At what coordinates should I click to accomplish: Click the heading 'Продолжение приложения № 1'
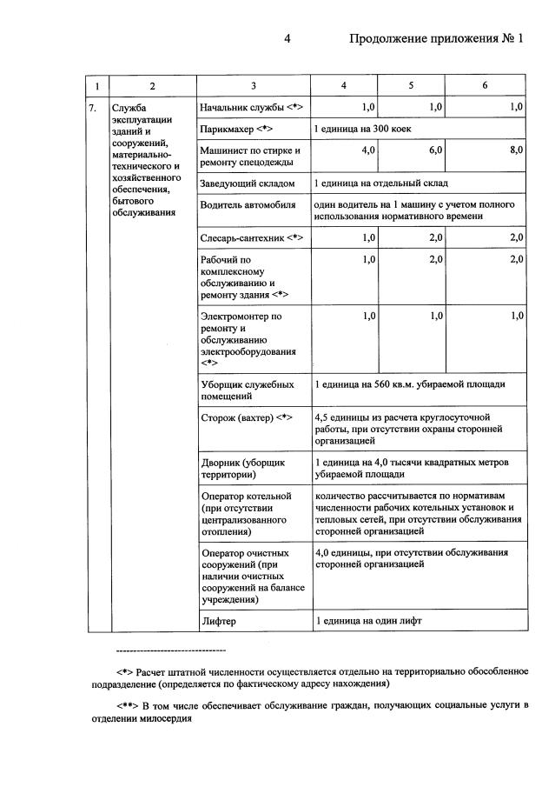coord(437,39)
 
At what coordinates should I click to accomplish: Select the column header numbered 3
coord(253,85)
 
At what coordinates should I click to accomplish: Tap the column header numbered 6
coord(484,85)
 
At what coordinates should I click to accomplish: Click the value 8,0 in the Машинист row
coord(516,150)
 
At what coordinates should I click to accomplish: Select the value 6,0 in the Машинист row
coord(435,150)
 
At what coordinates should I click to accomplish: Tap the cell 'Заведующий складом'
coord(248,184)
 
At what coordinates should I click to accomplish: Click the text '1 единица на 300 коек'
coord(363,129)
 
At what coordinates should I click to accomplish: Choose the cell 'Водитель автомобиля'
coord(248,205)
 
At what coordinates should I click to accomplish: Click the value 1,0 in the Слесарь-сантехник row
coord(367,237)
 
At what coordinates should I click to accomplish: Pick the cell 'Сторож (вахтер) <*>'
coord(246,417)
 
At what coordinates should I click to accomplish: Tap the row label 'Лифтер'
coord(218,622)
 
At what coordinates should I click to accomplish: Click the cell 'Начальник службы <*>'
coord(250,107)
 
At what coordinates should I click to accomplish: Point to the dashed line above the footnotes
coord(170,650)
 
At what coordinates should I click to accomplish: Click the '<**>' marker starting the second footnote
coord(130,704)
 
